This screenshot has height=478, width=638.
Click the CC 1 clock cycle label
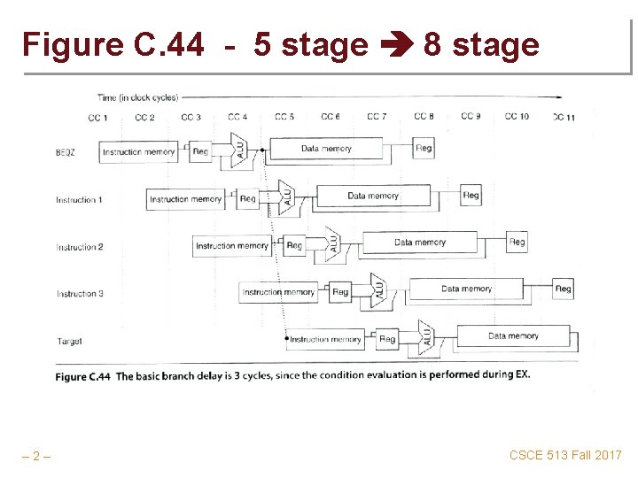pyautogui.click(x=98, y=118)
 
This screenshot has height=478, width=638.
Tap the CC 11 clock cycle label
pyautogui.click(x=564, y=118)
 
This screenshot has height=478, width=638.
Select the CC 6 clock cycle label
pyautogui.click(x=331, y=117)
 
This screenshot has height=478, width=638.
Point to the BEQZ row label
pyautogui.click(x=65, y=152)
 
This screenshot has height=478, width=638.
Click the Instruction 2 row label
pyautogui.click(x=80, y=247)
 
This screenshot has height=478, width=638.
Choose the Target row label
pyautogui.click(x=69, y=341)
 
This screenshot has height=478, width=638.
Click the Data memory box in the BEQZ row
pyautogui.click(x=326, y=149)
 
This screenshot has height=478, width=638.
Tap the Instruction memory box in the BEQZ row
pyautogui.click(x=139, y=151)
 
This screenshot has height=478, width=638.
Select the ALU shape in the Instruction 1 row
pyautogui.click(x=286, y=195)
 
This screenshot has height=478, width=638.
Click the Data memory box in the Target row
pyautogui.click(x=513, y=336)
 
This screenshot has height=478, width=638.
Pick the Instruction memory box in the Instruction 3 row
pyautogui.click(x=278, y=291)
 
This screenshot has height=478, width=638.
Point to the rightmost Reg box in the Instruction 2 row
pyautogui.click(x=517, y=242)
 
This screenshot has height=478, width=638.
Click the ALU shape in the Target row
pyautogui.click(x=426, y=335)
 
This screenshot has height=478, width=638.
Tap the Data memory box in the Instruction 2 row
pyautogui.click(x=419, y=242)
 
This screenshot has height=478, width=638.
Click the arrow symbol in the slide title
pyautogui.click(x=395, y=44)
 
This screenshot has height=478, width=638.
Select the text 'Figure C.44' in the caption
pyautogui.click(x=82, y=376)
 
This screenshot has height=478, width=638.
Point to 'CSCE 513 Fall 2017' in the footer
pyautogui.click(x=565, y=455)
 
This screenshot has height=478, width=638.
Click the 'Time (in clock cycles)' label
pyautogui.click(x=137, y=97)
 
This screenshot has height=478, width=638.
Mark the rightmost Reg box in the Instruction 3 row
pyautogui.click(x=563, y=289)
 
